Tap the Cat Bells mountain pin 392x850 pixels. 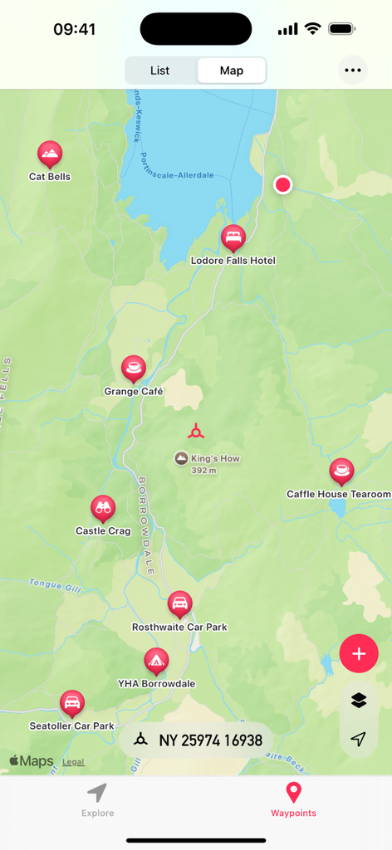[x=50, y=154]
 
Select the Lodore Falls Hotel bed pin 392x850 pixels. [x=233, y=238]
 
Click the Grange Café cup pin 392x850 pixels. [x=133, y=368]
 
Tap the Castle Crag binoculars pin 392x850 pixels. [x=103, y=509]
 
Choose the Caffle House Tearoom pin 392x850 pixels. [x=341, y=471]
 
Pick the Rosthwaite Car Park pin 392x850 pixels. [x=179, y=604]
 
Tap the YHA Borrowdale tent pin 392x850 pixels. [x=155, y=662]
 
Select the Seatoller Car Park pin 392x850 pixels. [x=72, y=704]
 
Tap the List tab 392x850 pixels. [x=160, y=71]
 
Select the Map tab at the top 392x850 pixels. [x=232, y=71]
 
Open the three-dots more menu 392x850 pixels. [x=353, y=71]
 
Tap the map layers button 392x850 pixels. [x=359, y=701]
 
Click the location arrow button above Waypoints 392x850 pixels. [x=359, y=739]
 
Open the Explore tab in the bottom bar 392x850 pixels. [x=98, y=800]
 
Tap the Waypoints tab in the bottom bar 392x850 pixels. [x=293, y=800]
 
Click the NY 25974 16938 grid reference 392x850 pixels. [x=198, y=740]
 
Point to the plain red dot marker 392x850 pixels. [x=283, y=184]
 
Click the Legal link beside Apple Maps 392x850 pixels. [x=73, y=762]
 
